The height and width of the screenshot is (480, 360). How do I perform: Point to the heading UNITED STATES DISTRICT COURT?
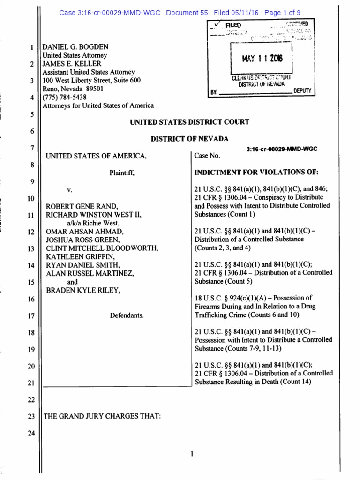189,122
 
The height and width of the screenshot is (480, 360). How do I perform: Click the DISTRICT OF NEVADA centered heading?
189,139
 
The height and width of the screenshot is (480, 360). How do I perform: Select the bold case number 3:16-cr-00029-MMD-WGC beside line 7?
281,149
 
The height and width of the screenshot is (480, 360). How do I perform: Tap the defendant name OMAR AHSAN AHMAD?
79,232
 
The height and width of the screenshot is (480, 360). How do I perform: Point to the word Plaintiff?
122,173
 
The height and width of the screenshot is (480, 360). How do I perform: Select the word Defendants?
127,315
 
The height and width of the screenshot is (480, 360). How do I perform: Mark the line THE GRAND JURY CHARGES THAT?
102,416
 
